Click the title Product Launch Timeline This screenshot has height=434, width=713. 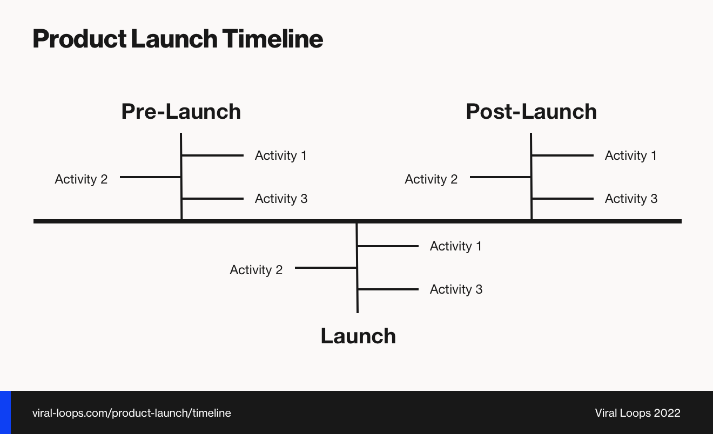click(x=178, y=39)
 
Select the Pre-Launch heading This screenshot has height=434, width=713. click(x=181, y=112)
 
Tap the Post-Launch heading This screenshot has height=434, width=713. click(x=531, y=112)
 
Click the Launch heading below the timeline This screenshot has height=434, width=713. click(x=358, y=336)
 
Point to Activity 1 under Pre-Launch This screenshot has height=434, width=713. click(x=280, y=155)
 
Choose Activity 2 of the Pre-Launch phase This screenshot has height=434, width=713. click(x=81, y=179)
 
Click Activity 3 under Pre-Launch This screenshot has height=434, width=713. click(x=281, y=199)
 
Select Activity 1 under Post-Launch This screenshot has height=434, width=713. click(x=630, y=155)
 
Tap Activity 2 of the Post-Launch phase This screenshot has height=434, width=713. click(x=431, y=179)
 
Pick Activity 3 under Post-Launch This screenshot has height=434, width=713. click(x=631, y=199)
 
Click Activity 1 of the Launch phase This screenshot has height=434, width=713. click(x=455, y=246)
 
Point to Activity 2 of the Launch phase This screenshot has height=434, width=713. click(x=256, y=270)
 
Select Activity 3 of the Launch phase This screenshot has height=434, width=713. click(x=456, y=289)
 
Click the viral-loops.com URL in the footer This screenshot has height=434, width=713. click(x=131, y=413)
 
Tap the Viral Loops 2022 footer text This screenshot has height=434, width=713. click(x=637, y=413)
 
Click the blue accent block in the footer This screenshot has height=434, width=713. click(x=5, y=412)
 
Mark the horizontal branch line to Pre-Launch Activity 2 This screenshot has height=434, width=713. click(x=150, y=177)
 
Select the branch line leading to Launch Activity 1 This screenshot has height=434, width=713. click(x=388, y=246)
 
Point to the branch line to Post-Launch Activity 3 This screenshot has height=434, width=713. click(x=563, y=199)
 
